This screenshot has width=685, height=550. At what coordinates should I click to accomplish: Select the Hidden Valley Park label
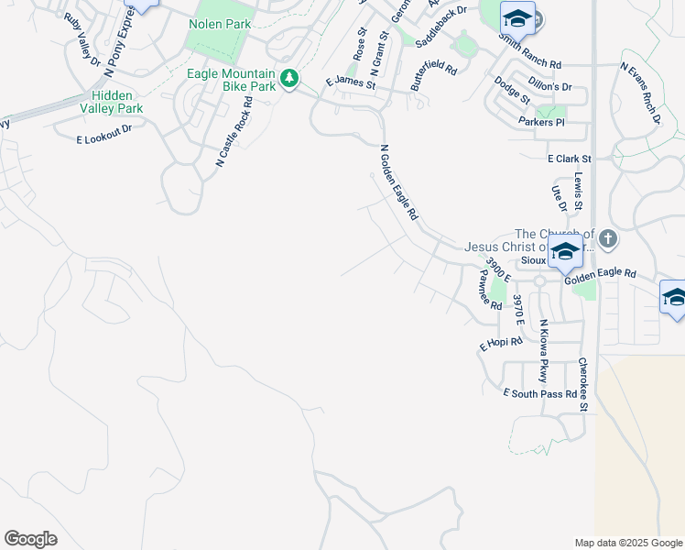coord(116,102)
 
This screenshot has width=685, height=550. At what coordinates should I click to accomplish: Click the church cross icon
coord(608,239)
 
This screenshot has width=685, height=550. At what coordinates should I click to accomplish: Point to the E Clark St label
coord(569,159)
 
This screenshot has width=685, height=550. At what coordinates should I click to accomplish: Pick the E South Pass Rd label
coord(540,393)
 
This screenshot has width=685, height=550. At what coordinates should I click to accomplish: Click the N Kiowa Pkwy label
coord(542,351)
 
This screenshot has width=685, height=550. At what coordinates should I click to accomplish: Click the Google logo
coord(30,539)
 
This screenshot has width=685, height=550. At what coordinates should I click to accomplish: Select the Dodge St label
coord(511,89)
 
